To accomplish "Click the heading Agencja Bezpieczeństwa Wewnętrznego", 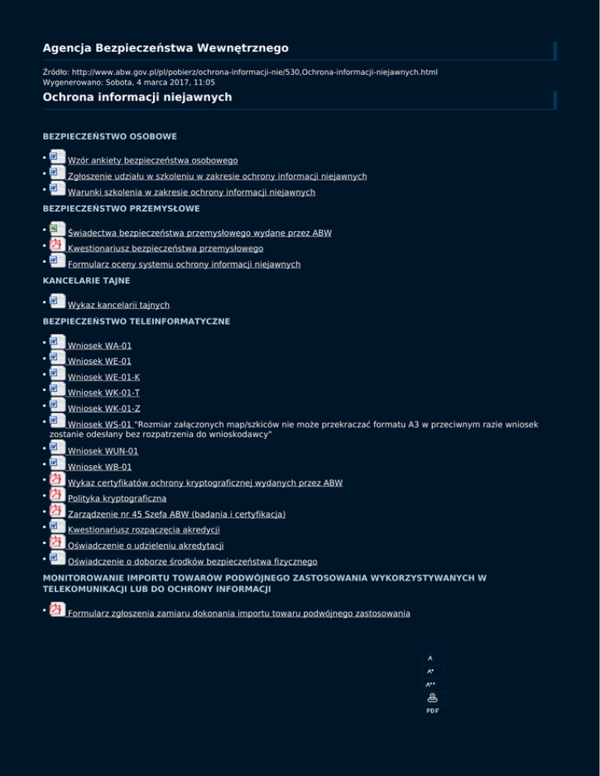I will point(165,48).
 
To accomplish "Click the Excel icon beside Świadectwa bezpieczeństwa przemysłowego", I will point(57,230).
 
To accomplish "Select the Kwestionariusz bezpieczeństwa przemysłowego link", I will point(165,248).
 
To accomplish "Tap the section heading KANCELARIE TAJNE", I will point(86,279).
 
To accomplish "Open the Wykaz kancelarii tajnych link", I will point(119,304).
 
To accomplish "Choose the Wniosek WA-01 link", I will point(99,345).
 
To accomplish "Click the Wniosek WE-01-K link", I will point(104,377).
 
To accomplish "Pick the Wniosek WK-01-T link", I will point(104,393).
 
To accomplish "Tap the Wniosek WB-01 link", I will point(99,467).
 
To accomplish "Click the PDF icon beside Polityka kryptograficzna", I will point(57,495).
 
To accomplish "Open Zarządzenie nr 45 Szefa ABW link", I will point(177,514).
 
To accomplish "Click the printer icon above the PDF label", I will point(432,698).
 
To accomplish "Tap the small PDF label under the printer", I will point(432,710).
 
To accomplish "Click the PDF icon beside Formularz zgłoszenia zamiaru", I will point(57,610).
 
